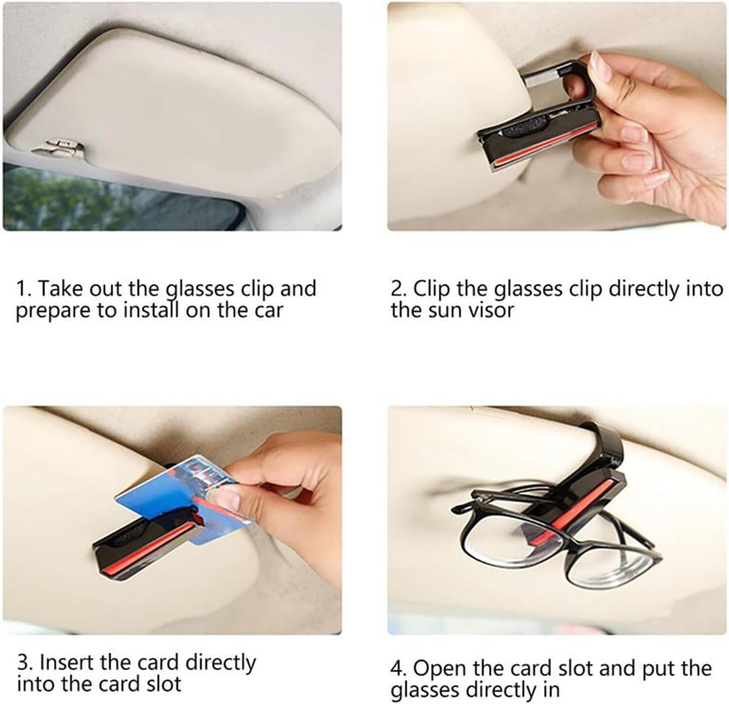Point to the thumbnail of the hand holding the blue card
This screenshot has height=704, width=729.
coord(226,498)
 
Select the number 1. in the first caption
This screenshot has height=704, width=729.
coord(24,288)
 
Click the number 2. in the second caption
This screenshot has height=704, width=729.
coord(399,289)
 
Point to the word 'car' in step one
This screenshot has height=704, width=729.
coord(268,310)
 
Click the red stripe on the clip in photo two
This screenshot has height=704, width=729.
coord(547,145)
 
